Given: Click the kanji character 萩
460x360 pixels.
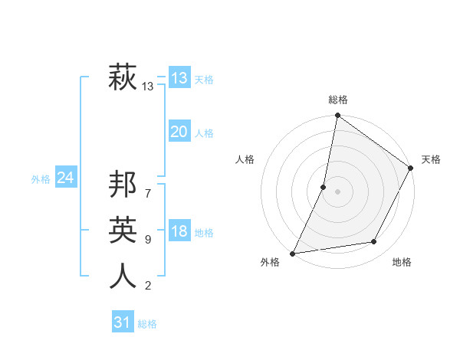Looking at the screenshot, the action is tap(123, 78).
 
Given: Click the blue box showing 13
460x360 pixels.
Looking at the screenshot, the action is tap(179, 78).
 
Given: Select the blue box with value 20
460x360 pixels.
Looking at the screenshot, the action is tap(179, 132).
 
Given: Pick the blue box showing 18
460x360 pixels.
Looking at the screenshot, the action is tap(179, 231).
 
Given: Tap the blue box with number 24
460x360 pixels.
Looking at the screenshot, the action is tap(65, 178).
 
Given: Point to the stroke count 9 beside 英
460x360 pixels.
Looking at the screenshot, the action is tap(148, 240).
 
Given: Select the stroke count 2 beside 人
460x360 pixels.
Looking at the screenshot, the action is tap(148, 286).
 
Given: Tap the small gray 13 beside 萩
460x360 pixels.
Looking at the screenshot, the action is tap(148, 87).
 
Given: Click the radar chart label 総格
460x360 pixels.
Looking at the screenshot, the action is tap(337, 100).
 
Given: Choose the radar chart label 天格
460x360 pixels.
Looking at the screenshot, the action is tap(431, 159).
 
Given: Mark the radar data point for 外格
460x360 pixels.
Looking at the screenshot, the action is tap(293, 253).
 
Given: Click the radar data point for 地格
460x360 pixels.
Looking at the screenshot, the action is tap(374, 242).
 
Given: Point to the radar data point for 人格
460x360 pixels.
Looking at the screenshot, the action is tap(324, 187).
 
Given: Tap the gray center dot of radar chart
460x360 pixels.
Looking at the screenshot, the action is tap(337, 191).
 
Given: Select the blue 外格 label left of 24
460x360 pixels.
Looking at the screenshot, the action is tap(41, 179).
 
